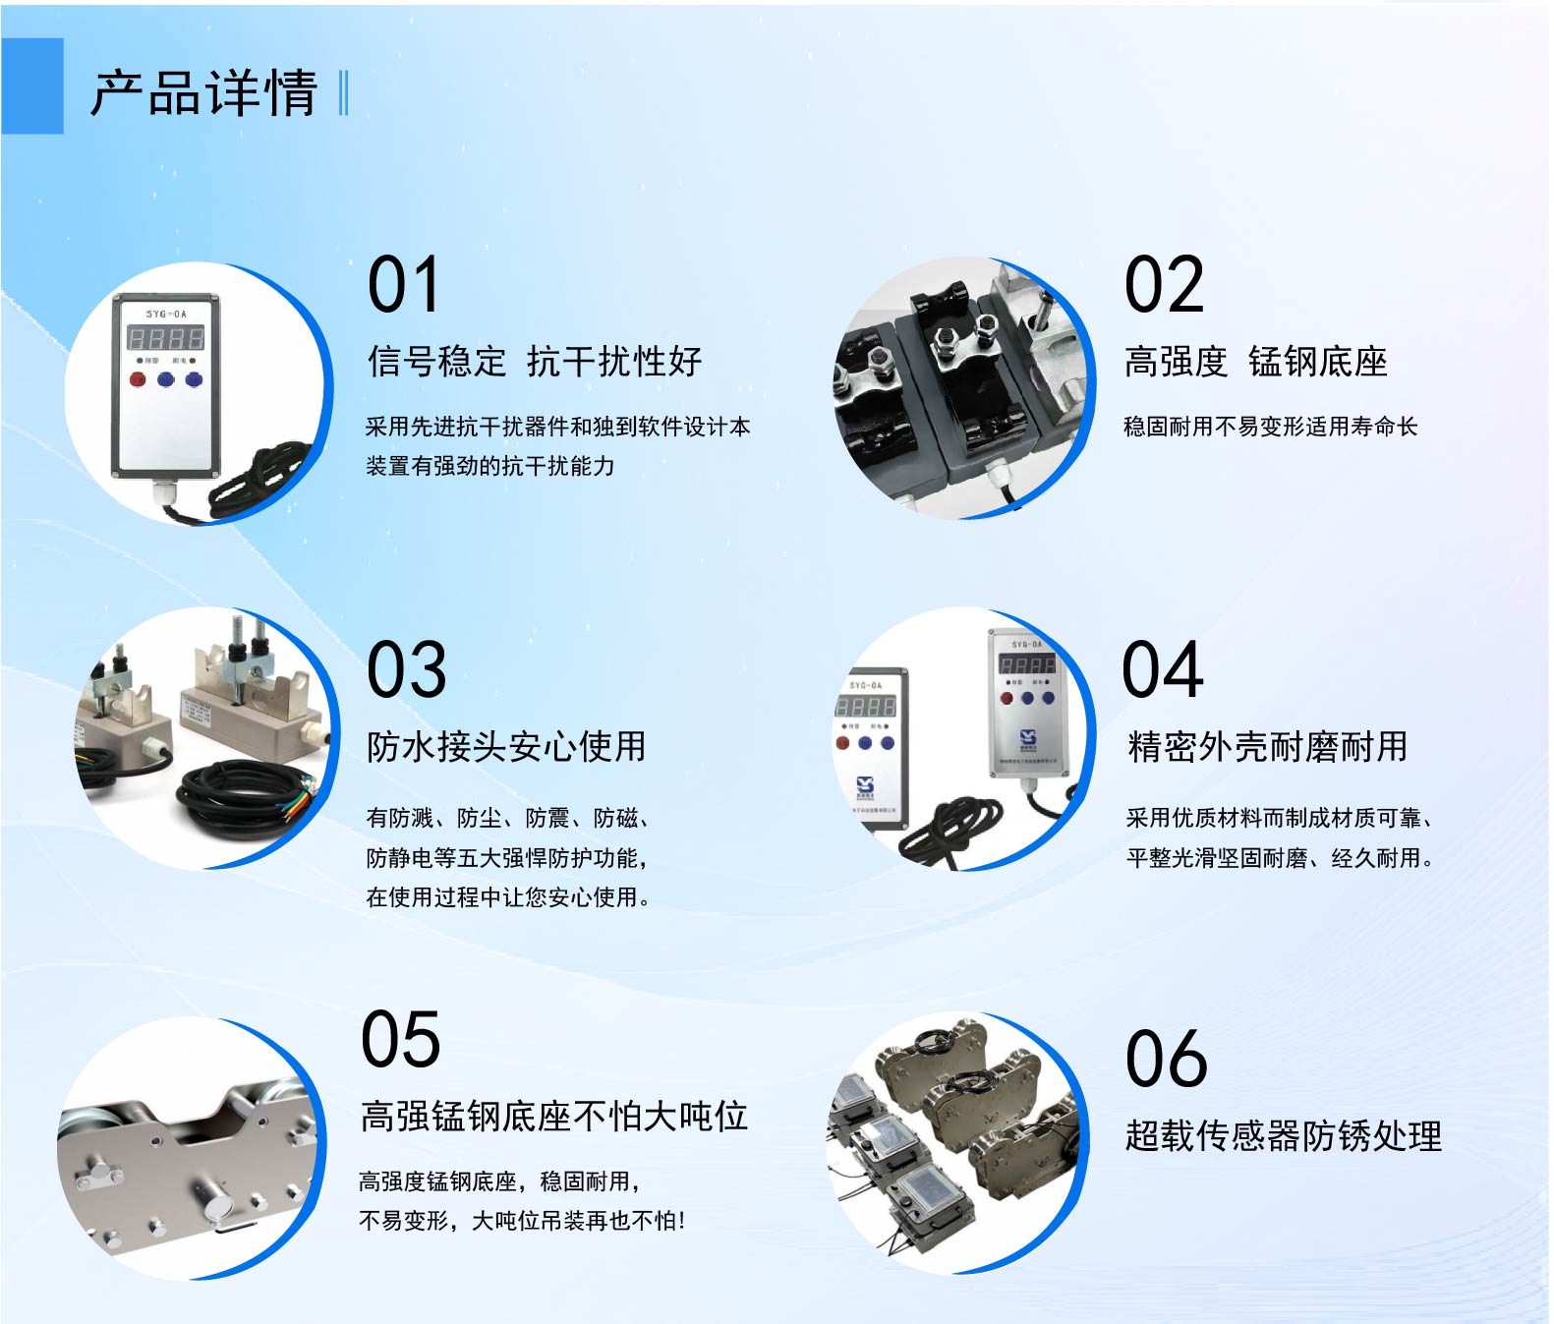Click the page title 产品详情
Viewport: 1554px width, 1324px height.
click(203, 93)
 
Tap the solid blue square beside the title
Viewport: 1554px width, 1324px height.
click(32, 86)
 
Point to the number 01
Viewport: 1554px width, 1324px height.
click(404, 284)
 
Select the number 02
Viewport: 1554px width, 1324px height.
click(1165, 284)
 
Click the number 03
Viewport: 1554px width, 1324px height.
click(407, 669)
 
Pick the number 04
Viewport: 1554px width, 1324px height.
click(1162, 669)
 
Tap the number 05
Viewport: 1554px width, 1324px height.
click(401, 1039)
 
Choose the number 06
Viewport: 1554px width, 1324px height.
click(1167, 1059)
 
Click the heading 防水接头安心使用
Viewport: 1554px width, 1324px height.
click(506, 747)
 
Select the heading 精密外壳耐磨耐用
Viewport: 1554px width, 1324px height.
click(1268, 747)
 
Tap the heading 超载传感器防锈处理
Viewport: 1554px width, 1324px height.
click(1284, 1135)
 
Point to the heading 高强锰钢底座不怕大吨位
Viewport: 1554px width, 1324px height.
click(554, 1116)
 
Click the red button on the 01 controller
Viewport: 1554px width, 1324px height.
click(138, 379)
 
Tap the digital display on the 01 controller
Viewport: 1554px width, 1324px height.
click(165, 337)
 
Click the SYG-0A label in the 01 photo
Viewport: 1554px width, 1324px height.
click(166, 314)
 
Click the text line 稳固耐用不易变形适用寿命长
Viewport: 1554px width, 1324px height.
click(1271, 427)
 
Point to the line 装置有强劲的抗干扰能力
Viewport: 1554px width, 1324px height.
click(490, 466)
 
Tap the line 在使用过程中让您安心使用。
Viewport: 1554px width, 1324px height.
click(508, 897)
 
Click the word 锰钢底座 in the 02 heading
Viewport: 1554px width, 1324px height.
click(1318, 362)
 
